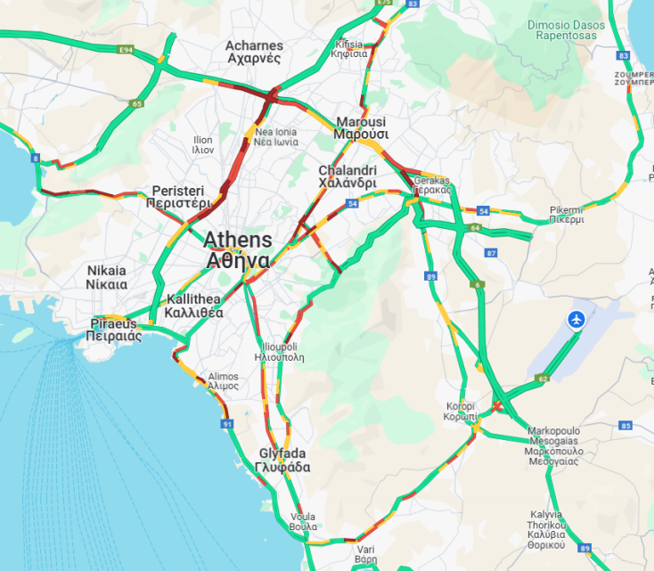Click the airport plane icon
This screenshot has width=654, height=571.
[x=576, y=319]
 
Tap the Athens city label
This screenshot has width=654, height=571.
[x=238, y=250]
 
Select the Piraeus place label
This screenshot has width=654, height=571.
[x=113, y=330]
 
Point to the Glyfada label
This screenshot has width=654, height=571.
[x=282, y=460]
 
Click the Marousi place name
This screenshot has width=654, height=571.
[x=360, y=128]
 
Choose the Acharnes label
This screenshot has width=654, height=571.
[x=254, y=52]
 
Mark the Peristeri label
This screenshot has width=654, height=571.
[x=178, y=197]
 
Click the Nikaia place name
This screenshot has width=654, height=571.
[x=107, y=277]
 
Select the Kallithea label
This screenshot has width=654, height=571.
[x=194, y=306]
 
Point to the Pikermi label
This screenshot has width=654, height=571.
[x=567, y=214]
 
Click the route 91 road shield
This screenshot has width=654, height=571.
[x=227, y=424]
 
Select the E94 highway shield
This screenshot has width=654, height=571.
[x=126, y=51]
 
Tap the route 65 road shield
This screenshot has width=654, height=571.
[x=136, y=104]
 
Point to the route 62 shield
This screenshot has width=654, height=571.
[x=543, y=379]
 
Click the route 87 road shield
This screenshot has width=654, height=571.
[x=491, y=253]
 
